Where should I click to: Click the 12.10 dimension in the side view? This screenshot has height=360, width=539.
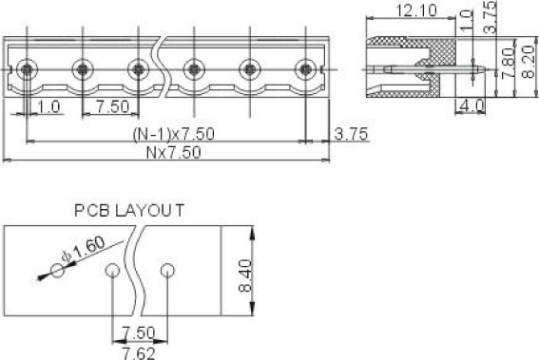416,10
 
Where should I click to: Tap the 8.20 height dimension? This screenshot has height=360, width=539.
528,62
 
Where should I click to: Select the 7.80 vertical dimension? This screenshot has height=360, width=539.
508,64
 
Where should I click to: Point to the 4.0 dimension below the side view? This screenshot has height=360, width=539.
472,105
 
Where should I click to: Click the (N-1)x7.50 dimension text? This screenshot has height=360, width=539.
174,134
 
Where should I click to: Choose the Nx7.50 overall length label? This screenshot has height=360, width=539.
174,153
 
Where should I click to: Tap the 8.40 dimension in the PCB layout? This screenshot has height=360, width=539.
245,275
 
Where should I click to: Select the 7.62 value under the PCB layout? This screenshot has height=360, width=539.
139,353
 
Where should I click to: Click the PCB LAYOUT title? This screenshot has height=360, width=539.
129,210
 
